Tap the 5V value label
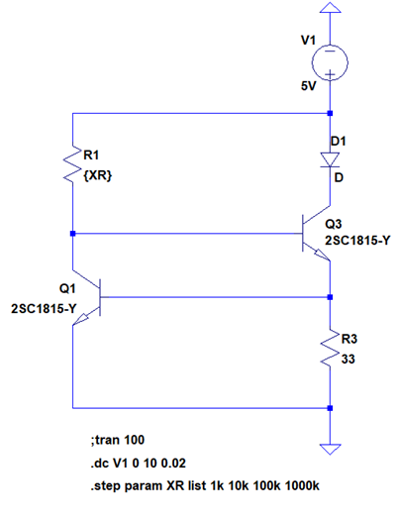click(308, 86)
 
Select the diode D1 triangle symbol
click(330, 159)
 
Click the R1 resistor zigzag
click(72, 164)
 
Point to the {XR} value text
click(98, 175)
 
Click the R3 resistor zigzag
click(330, 348)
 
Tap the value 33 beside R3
click(348, 360)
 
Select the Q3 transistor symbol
click(316, 233)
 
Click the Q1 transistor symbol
click(87, 297)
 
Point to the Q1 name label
click(67, 289)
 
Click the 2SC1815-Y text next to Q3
click(357, 241)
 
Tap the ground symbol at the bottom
click(330, 450)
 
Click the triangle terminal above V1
click(330, 8)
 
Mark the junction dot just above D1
click(330, 113)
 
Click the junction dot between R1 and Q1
click(72, 234)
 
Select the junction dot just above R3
click(330, 297)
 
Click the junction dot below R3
click(330, 408)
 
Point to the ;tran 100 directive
click(118, 440)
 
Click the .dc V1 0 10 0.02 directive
click(138, 464)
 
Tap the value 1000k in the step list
click(302, 486)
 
